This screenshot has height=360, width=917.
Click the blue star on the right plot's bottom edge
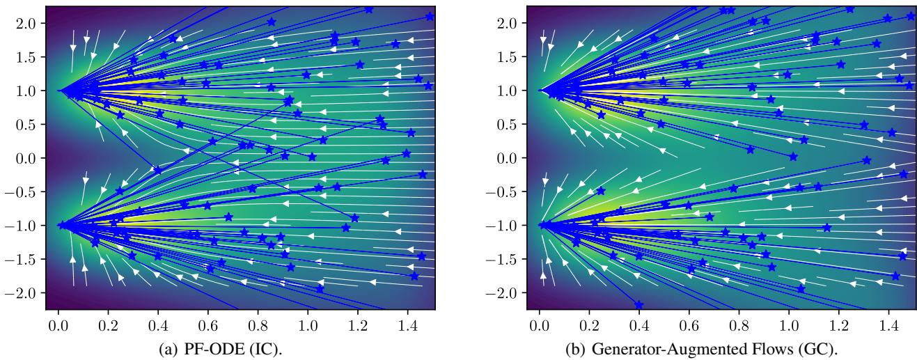pyautogui.click(x=638, y=305)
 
